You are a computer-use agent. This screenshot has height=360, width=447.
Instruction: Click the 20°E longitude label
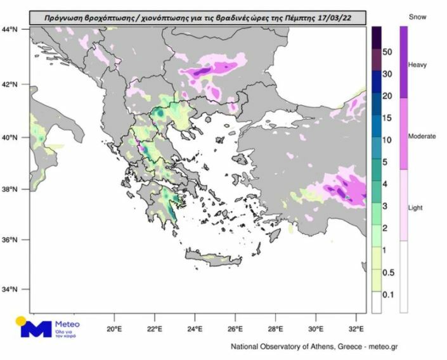[x=115, y=329]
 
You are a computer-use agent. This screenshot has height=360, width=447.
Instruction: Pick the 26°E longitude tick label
[x=236, y=329]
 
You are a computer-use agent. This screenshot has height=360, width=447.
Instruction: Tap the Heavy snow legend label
[x=418, y=65]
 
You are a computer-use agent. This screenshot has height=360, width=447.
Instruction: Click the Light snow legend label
[x=416, y=207]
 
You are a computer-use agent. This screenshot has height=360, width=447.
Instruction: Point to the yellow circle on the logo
[x=21, y=320]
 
